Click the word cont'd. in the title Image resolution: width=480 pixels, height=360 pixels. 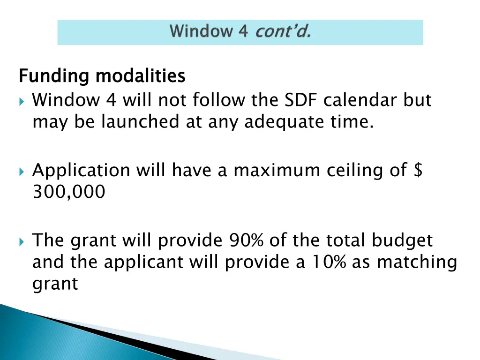283,31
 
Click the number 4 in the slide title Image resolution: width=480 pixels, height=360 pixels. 243,31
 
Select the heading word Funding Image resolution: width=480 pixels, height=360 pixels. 54,76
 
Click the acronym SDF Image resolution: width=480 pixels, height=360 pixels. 301,100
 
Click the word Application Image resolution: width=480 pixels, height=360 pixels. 81,171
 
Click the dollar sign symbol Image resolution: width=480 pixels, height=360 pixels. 418,170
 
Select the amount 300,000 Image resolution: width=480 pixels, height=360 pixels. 69,192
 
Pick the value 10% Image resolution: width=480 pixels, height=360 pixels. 328,262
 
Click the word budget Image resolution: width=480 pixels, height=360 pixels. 402,240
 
